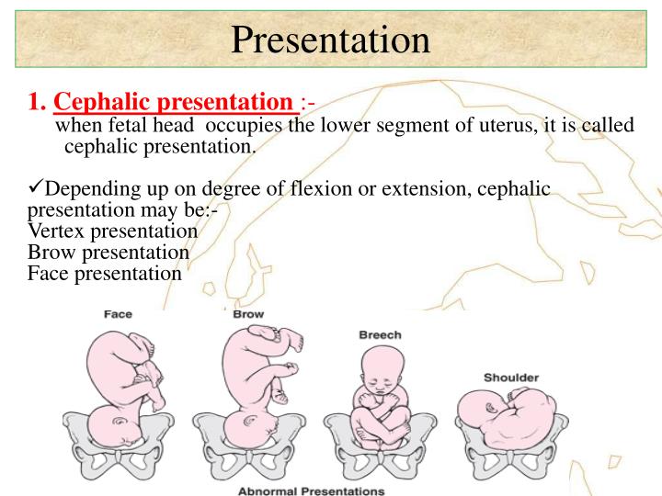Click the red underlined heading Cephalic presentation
176,102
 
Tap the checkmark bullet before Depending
36,188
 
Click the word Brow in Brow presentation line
51,252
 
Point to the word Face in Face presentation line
49,273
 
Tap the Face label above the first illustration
118,314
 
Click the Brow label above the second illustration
248,314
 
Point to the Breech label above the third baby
380,335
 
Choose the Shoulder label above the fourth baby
511,378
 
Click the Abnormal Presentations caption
312,490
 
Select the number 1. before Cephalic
38,102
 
